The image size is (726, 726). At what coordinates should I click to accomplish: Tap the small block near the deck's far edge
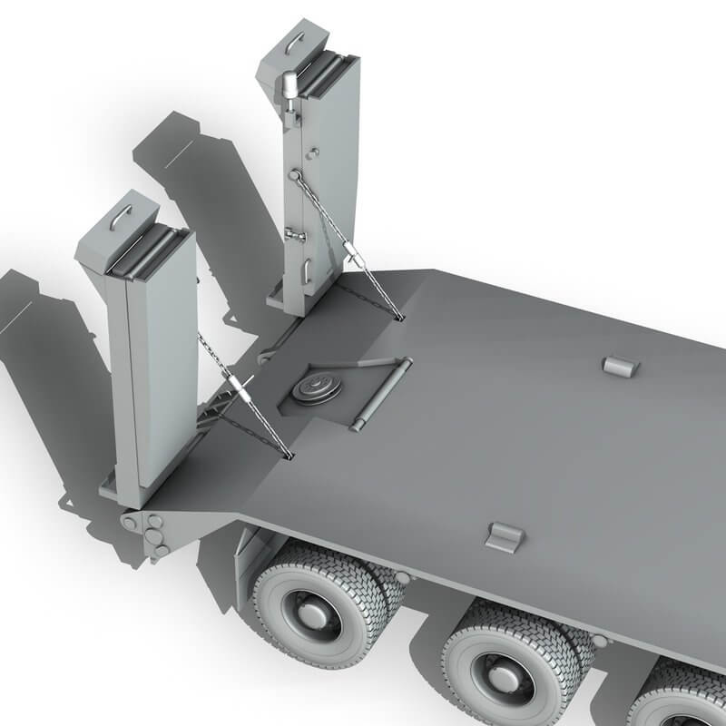621,365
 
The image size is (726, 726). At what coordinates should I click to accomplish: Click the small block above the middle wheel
505,535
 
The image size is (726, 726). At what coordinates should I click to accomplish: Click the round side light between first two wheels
400,577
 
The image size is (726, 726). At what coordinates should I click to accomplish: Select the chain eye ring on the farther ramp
295,175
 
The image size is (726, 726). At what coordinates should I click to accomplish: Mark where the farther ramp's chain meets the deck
400,318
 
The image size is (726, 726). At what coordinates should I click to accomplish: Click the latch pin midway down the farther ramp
294,235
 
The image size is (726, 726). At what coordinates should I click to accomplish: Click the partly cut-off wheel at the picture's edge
681,699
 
